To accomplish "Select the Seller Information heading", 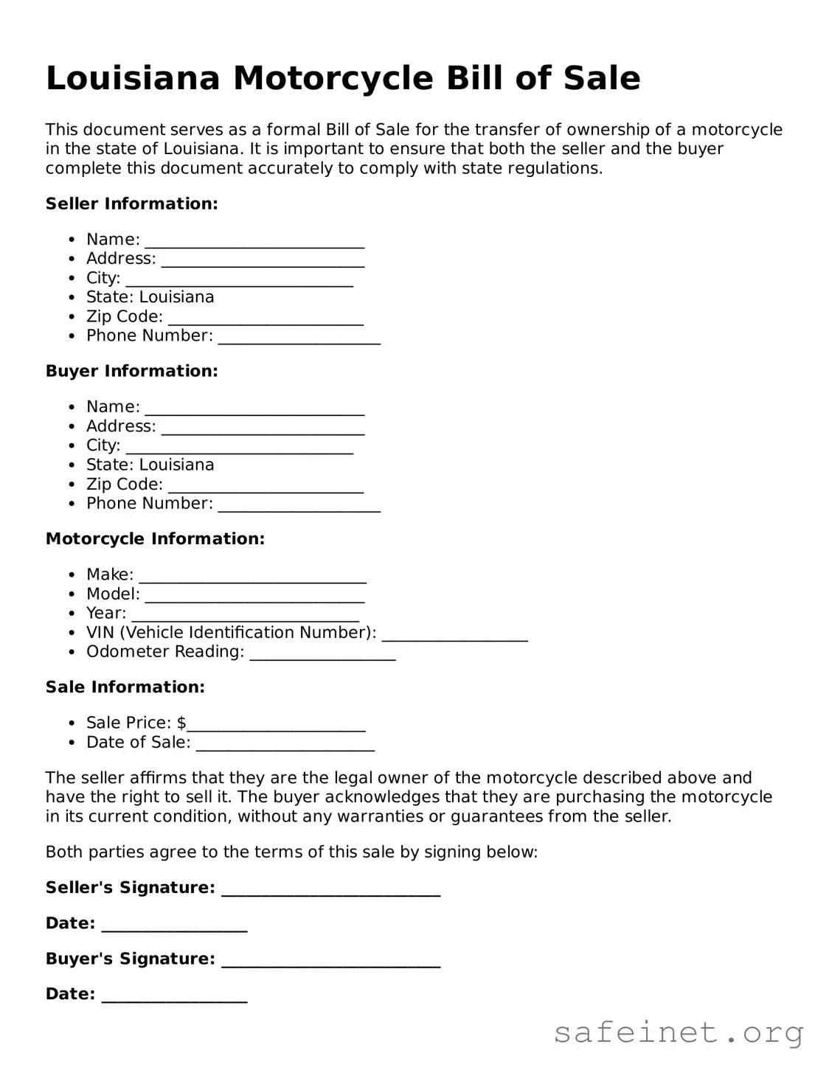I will [x=131, y=204].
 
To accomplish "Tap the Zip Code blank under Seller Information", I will [x=266, y=319].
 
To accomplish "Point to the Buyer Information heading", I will [x=131, y=371].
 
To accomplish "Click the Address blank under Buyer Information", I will [x=263, y=428].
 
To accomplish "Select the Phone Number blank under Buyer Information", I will [x=299, y=506].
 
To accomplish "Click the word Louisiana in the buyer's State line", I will [x=176, y=465].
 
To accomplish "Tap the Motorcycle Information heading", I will [x=155, y=539].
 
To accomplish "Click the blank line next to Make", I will [x=252, y=577].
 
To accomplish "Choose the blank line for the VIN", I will [x=454, y=635].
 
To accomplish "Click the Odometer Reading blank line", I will [x=322, y=654].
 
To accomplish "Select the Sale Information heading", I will [x=125, y=687].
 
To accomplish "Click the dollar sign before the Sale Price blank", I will [x=181, y=723].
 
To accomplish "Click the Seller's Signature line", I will [x=330, y=890].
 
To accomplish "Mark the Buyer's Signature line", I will [x=330, y=961].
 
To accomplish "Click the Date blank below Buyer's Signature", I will [x=174, y=996].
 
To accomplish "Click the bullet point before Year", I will [x=72, y=614].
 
